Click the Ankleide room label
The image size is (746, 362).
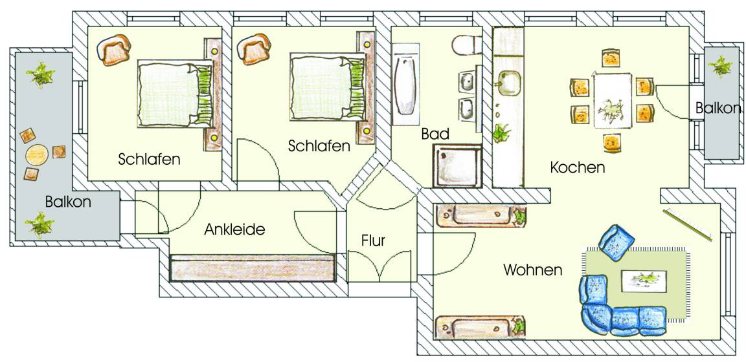234,229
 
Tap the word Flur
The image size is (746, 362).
373,241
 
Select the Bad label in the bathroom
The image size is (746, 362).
435,134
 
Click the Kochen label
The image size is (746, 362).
577,167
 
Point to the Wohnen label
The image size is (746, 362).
533,270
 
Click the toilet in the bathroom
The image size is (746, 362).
466,46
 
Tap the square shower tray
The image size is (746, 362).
457,165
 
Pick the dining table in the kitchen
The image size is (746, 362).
613,100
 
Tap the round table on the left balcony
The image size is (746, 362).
37,155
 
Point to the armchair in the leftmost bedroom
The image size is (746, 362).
114,49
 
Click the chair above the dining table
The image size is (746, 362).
611,58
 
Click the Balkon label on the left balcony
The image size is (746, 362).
68,202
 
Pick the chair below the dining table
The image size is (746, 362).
612,143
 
